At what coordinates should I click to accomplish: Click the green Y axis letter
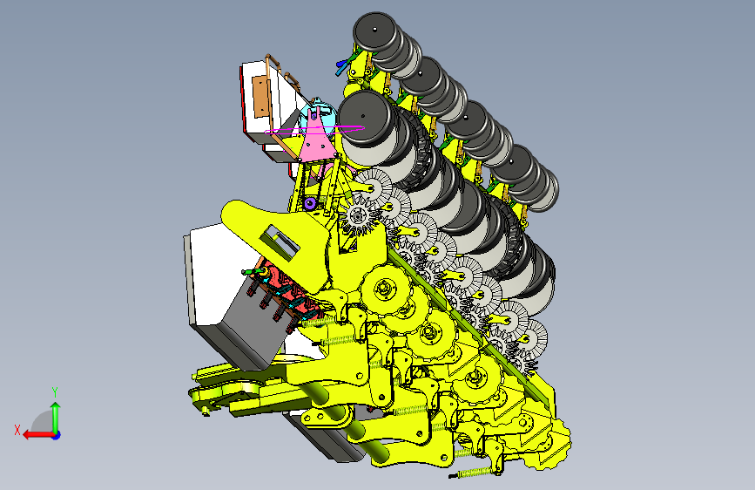pyautogui.click(x=55, y=392)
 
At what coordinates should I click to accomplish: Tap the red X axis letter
pyautogui.click(x=17, y=430)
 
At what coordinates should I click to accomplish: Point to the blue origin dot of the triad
pyautogui.click(x=57, y=435)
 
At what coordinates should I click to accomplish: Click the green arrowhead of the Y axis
pyautogui.click(x=56, y=407)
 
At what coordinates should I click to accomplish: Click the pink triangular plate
pyautogui.click(x=316, y=139)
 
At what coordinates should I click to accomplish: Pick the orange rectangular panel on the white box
pyautogui.click(x=260, y=97)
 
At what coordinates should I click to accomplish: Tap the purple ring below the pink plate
pyautogui.click(x=310, y=203)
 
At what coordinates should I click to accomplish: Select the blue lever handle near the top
pyautogui.click(x=341, y=67)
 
